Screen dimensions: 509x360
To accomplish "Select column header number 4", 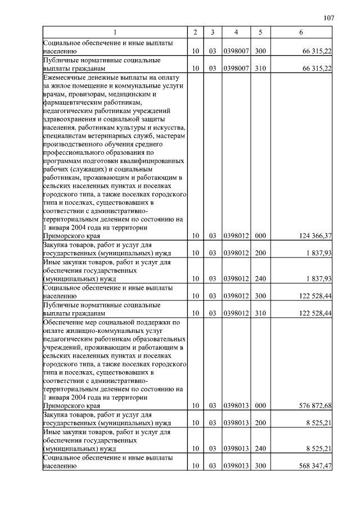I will click(236, 33).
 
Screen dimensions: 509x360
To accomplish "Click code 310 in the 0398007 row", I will click(260, 68).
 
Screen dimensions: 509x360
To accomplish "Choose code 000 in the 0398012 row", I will click(260, 236).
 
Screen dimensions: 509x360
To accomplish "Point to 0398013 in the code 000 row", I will click(236, 405).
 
